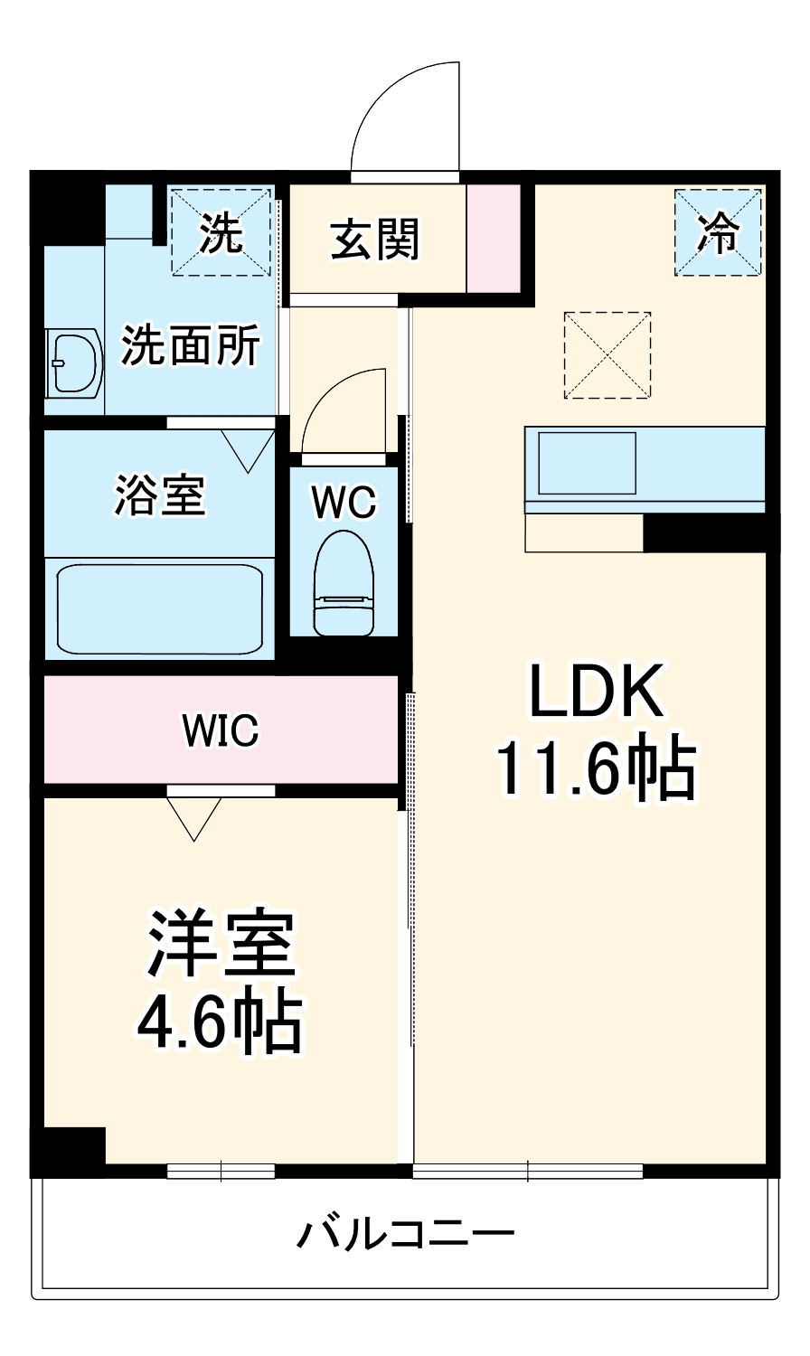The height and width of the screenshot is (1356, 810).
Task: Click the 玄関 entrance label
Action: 375,240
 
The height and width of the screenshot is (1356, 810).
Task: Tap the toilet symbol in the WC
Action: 344,582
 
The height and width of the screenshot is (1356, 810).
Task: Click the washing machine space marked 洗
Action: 221,231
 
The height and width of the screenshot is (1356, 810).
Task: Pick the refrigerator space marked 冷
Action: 720,231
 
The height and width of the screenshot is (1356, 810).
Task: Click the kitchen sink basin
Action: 587,463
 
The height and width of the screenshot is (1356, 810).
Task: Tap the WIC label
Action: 221,730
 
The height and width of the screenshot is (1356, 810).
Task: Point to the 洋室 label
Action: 221,944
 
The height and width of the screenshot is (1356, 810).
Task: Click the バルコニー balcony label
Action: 406,1233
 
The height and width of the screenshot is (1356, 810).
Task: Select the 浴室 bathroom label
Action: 160,494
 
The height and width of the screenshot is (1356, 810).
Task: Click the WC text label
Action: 344,504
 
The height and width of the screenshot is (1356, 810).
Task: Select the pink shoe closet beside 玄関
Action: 494,239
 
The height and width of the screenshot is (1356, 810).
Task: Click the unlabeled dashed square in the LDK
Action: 607,355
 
